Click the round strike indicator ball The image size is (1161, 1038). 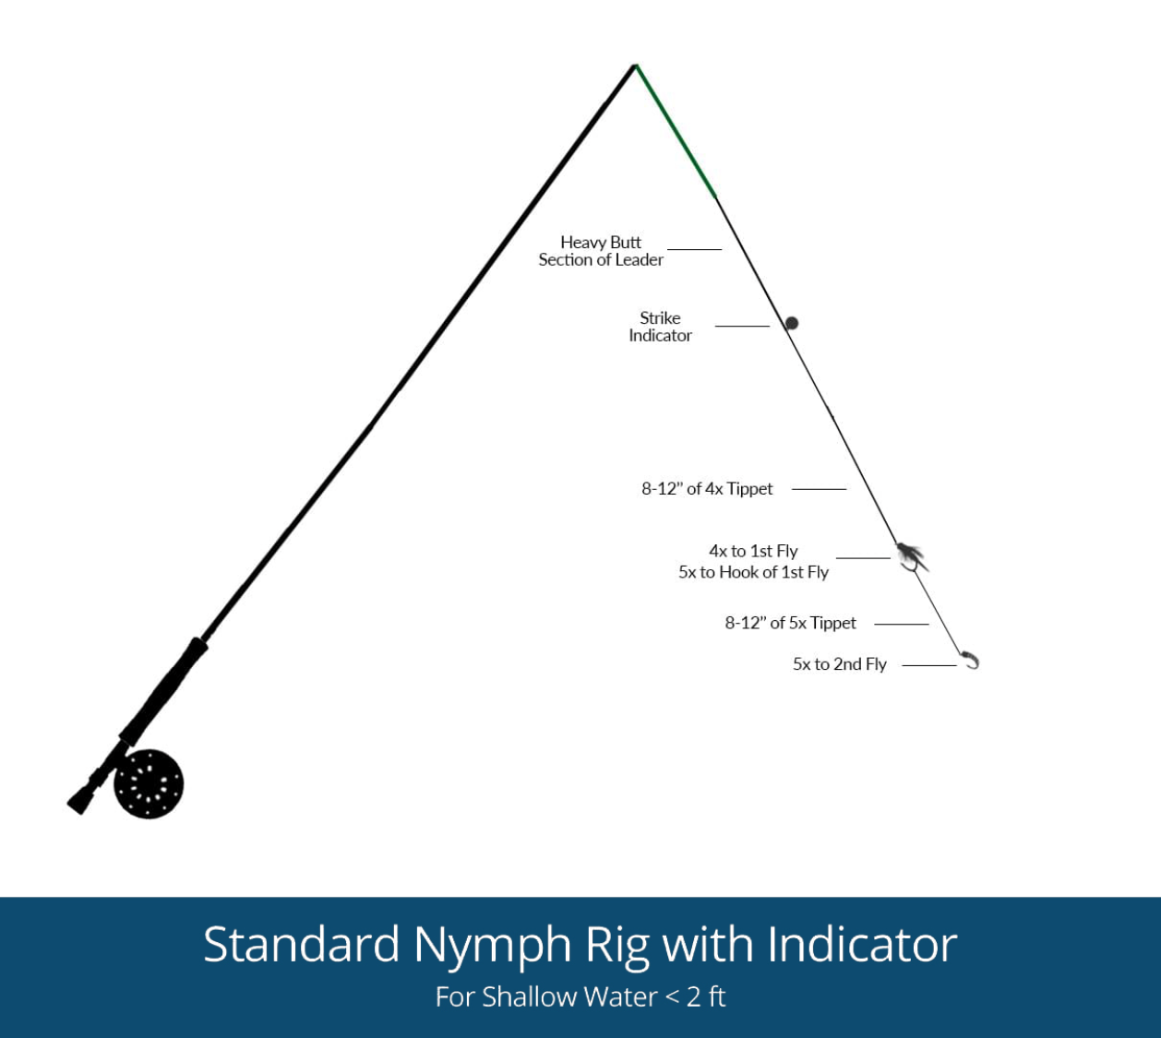pos(792,323)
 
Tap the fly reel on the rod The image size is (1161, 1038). pos(149,783)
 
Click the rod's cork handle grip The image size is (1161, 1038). pos(163,691)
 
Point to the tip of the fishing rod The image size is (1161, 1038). pos(635,66)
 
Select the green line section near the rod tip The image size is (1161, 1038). pos(676,131)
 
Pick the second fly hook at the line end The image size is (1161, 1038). pos(971,660)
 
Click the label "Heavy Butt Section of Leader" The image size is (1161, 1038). pos(601,251)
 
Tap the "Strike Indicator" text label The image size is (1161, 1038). pos(660,327)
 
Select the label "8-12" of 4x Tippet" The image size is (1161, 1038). pos(707,489)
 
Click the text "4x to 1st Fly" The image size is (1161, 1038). pos(754,551)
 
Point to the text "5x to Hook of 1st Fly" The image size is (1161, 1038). pos(754,572)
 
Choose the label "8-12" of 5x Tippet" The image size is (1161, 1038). pos(790,623)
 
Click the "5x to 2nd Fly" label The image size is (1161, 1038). pos(840,664)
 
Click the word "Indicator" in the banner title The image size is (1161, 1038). pos(862,945)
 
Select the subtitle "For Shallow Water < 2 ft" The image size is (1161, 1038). pos(580,996)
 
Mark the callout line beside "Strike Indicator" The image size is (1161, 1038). pos(742,326)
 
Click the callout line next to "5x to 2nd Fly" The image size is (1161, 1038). pos(929,665)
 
